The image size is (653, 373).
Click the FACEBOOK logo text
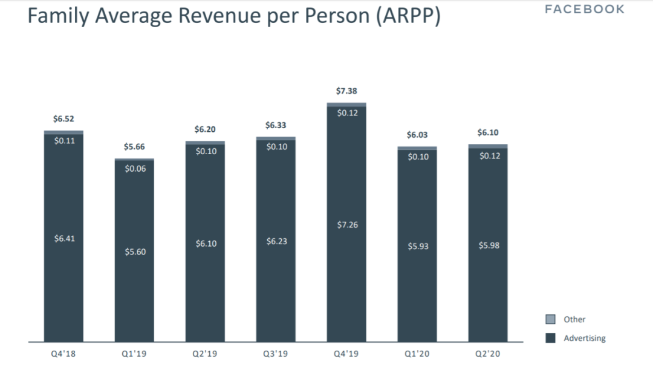coord(585,9)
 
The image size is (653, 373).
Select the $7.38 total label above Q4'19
coord(346,91)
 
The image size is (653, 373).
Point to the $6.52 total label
coord(63,119)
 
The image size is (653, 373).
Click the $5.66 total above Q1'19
coord(134,147)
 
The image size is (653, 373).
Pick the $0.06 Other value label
coord(135,169)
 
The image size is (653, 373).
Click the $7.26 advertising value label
coord(347,225)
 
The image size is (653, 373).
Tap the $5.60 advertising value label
coord(135,251)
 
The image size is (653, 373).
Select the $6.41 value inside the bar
coord(64,239)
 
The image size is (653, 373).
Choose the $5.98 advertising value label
coord(489,245)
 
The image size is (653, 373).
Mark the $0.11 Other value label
coord(64,141)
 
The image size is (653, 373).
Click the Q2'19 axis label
coord(206,354)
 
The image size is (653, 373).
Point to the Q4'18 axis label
coord(63,354)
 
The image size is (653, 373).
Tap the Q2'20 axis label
coord(489,354)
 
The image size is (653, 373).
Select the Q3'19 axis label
coord(276,354)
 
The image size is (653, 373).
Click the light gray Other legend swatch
coord(551,320)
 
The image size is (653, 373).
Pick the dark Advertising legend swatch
coord(551,339)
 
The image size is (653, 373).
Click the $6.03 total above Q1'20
coord(417,135)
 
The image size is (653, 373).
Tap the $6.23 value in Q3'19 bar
coord(276,241)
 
